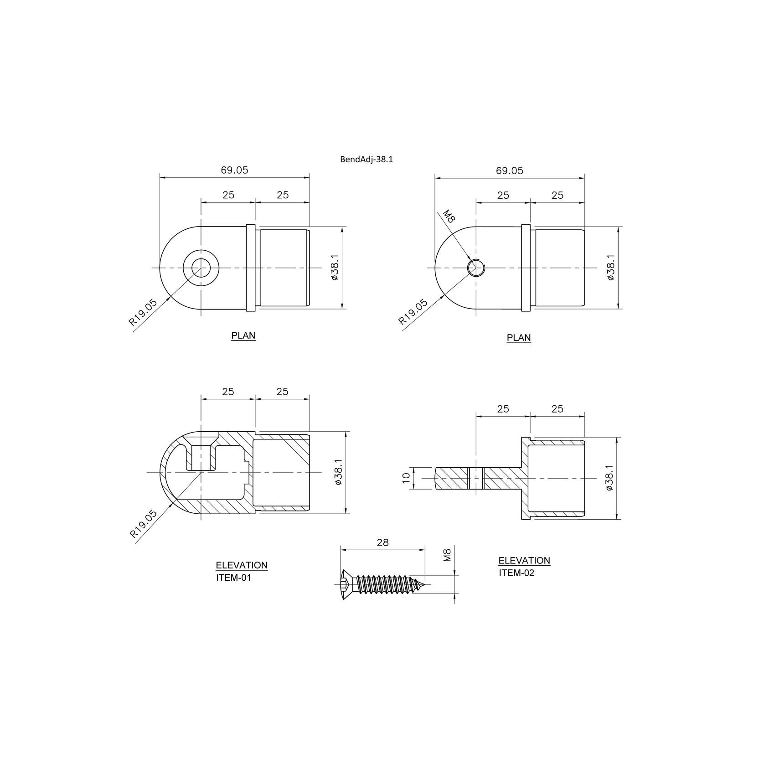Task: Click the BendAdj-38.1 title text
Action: coord(367,160)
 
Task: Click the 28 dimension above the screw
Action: coord(383,542)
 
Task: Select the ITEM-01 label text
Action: coord(233,578)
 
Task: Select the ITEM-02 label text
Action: coord(516,573)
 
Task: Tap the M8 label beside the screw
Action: coord(447,555)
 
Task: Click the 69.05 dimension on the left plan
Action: coord(234,170)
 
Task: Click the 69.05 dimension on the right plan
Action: coord(510,170)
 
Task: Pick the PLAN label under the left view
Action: coord(243,336)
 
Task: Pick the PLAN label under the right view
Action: coord(519,338)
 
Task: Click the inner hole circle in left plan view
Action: coord(201,267)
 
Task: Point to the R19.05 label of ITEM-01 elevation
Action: coord(143,524)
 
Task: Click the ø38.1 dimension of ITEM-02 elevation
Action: coord(610,478)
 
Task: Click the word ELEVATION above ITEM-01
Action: coord(242,565)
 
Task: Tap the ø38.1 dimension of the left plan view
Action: coord(335,268)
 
